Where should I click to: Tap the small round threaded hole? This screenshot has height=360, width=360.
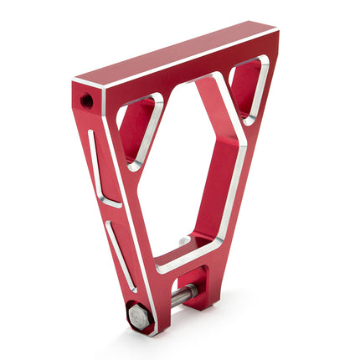87,100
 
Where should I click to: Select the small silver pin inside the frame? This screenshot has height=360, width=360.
183,242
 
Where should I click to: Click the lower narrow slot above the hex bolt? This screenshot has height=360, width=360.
121,255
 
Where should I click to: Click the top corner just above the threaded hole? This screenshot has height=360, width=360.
77,82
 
